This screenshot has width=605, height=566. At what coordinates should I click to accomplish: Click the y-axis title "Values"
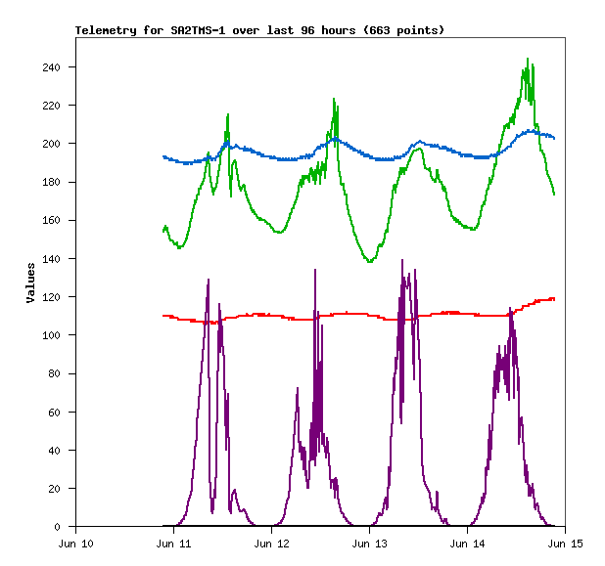coord(30,282)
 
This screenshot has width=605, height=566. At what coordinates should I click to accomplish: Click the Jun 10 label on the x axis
coord(76,543)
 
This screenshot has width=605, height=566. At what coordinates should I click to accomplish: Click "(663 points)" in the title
coord(403,30)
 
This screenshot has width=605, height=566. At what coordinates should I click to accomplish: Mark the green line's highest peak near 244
coord(528,59)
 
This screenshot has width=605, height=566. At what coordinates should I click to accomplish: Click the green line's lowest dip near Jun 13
coord(370,262)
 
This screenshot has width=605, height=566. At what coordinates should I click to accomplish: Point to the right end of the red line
coord(554,298)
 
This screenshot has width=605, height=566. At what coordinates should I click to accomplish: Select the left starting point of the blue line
coord(163,156)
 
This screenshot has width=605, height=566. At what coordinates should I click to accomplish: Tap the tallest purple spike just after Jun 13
coord(402,261)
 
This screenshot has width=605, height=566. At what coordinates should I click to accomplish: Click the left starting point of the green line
coord(163,232)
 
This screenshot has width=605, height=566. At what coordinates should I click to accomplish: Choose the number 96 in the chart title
coord(311,30)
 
